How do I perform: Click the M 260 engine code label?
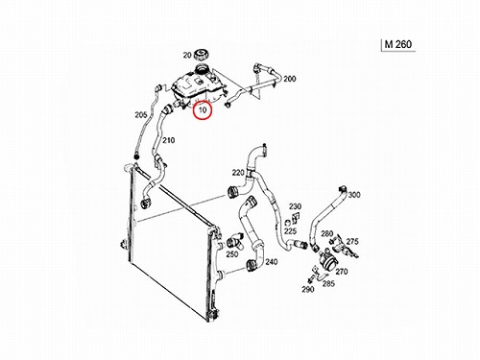pyautogui.click(x=398, y=44)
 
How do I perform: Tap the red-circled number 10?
pyautogui.click(x=203, y=110)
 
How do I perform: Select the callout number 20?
pyautogui.click(x=187, y=56)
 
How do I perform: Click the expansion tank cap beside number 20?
pyautogui.click(x=201, y=55)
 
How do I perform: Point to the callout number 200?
pyautogui.click(x=290, y=79)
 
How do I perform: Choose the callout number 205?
pyautogui.click(x=141, y=115)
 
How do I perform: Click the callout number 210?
pyautogui.click(x=168, y=140)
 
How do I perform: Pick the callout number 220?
pyautogui.click(x=238, y=173)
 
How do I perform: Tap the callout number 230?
pyautogui.click(x=295, y=206)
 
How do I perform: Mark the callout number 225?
pyautogui.click(x=291, y=231)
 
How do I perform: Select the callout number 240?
pyautogui.click(x=272, y=262)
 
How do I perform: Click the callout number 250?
pyautogui.click(x=232, y=254)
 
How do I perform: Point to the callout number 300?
pyautogui.click(x=354, y=195)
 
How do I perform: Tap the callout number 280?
pyautogui.click(x=327, y=234)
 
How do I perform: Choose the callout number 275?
pyautogui.click(x=352, y=242)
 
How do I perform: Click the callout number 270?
pyautogui.click(x=342, y=272)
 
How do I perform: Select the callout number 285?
pyautogui.click(x=328, y=283)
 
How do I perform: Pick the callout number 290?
pyautogui.click(x=308, y=289)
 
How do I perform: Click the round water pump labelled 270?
pyautogui.click(x=327, y=259)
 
